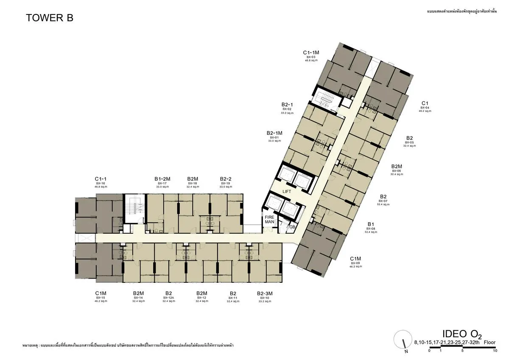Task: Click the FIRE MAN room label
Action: (x=270, y=219)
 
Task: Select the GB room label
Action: (x=292, y=227)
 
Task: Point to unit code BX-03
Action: (x=311, y=57)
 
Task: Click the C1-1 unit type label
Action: (x=101, y=179)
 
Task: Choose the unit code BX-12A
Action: (x=168, y=298)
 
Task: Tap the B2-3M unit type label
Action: (x=264, y=293)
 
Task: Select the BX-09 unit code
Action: (x=355, y=263)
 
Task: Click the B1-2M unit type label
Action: (x=162, y=179)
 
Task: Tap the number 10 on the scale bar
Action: (x=495, y=351)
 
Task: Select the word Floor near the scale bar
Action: (x=489, y=342)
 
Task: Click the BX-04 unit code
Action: (x=425, y=108)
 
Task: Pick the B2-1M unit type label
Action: (x=274, y=133)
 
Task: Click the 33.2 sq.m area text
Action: (x=264, y=301)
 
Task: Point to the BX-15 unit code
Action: (x=101, y=298)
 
